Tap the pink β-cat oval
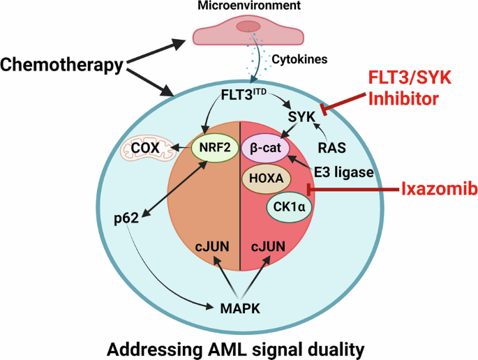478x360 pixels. coord(266,148)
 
